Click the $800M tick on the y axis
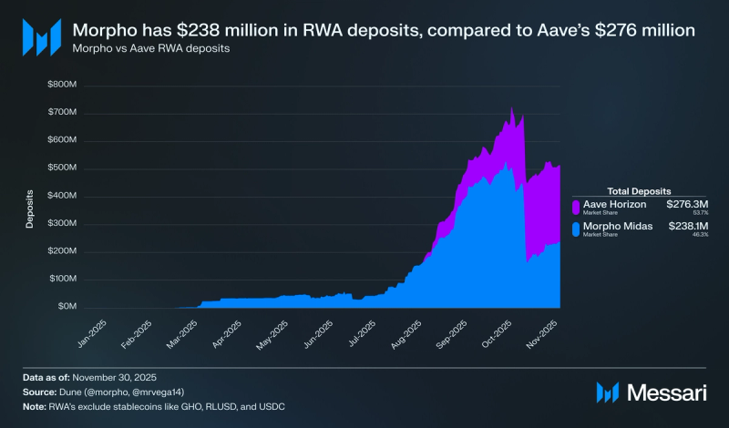tap(62, 84)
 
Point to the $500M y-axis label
tap(62, 168)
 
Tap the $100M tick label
tap(62, 279)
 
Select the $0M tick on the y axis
tap(66, 307)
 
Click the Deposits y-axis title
tap(29, 209)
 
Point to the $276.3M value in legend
tap(688, 205)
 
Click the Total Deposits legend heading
tap(641, 192)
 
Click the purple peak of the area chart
tap(511, 108)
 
